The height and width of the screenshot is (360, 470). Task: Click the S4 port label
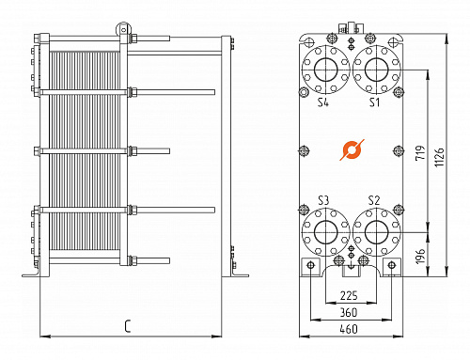click(x=322, y=101)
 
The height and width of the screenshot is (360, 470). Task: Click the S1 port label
click(x=373, y=101)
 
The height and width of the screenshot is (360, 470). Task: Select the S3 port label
click(x=322, y=199)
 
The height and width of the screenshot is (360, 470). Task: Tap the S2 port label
click(x=373, y=199)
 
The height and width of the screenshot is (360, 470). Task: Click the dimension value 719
click(x=421, y=152)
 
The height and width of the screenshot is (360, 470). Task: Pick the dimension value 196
click(x=421, y=254)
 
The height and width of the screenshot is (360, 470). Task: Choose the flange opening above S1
click(x=376, y=69)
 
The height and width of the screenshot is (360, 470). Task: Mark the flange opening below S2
click(x=376, y=231)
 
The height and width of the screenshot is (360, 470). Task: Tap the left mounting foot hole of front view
click(x=311, y=270)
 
